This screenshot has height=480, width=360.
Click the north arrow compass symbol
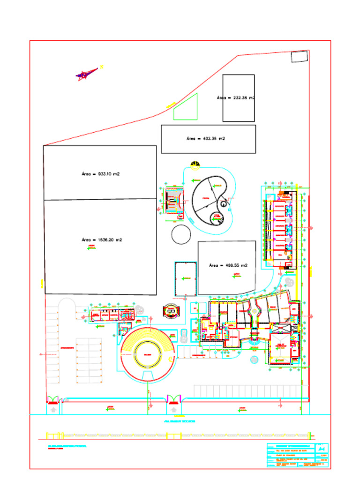(x=87, y=74)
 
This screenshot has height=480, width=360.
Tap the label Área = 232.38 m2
(x=236, y=98)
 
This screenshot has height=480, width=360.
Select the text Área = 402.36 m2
(x=205, y=139)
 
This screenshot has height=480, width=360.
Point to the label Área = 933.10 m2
(x=100, y=173)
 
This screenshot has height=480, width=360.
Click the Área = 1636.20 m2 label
(x=102, y=240)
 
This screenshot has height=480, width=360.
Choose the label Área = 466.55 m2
(x=228, y=265)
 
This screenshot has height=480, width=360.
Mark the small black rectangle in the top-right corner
(x=299, y=57)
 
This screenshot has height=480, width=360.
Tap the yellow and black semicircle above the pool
(x=195, y=164)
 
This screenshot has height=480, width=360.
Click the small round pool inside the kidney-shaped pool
(x=217, y=217)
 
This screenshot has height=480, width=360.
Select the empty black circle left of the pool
(x=181, y=234)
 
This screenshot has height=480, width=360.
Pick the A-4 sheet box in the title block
(x=322, y=449)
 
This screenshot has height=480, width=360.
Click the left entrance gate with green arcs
(x=53, y=399)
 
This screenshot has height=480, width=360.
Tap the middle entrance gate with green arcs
(x=174, y=399)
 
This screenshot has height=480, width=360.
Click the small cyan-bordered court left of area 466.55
(x=185, y=279)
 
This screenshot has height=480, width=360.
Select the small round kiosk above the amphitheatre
(x=171, y=310)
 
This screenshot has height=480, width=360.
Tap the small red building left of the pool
(x=173, y=201)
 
